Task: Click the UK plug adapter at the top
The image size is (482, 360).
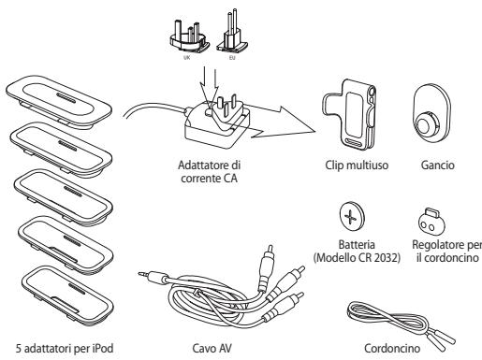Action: coord(189,36)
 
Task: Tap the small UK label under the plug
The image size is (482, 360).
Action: coord(187,58)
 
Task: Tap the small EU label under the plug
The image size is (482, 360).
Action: coord(232,58)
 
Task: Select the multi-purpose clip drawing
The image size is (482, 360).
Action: coord(349,113)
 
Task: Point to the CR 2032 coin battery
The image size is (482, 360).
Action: coord(352,216)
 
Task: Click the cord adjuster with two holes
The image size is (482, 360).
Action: coord(431,222)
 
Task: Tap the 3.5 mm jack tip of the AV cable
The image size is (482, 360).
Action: coord(142,274)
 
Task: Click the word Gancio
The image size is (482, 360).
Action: coord(437,165)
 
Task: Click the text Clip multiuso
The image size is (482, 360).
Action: coord(357,165)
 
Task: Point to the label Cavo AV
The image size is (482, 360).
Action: coord(212,348)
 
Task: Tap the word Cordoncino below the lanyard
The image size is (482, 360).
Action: coord(392,348)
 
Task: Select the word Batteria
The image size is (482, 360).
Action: coord(357,244)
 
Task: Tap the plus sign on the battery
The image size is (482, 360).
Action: coord(350,216)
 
